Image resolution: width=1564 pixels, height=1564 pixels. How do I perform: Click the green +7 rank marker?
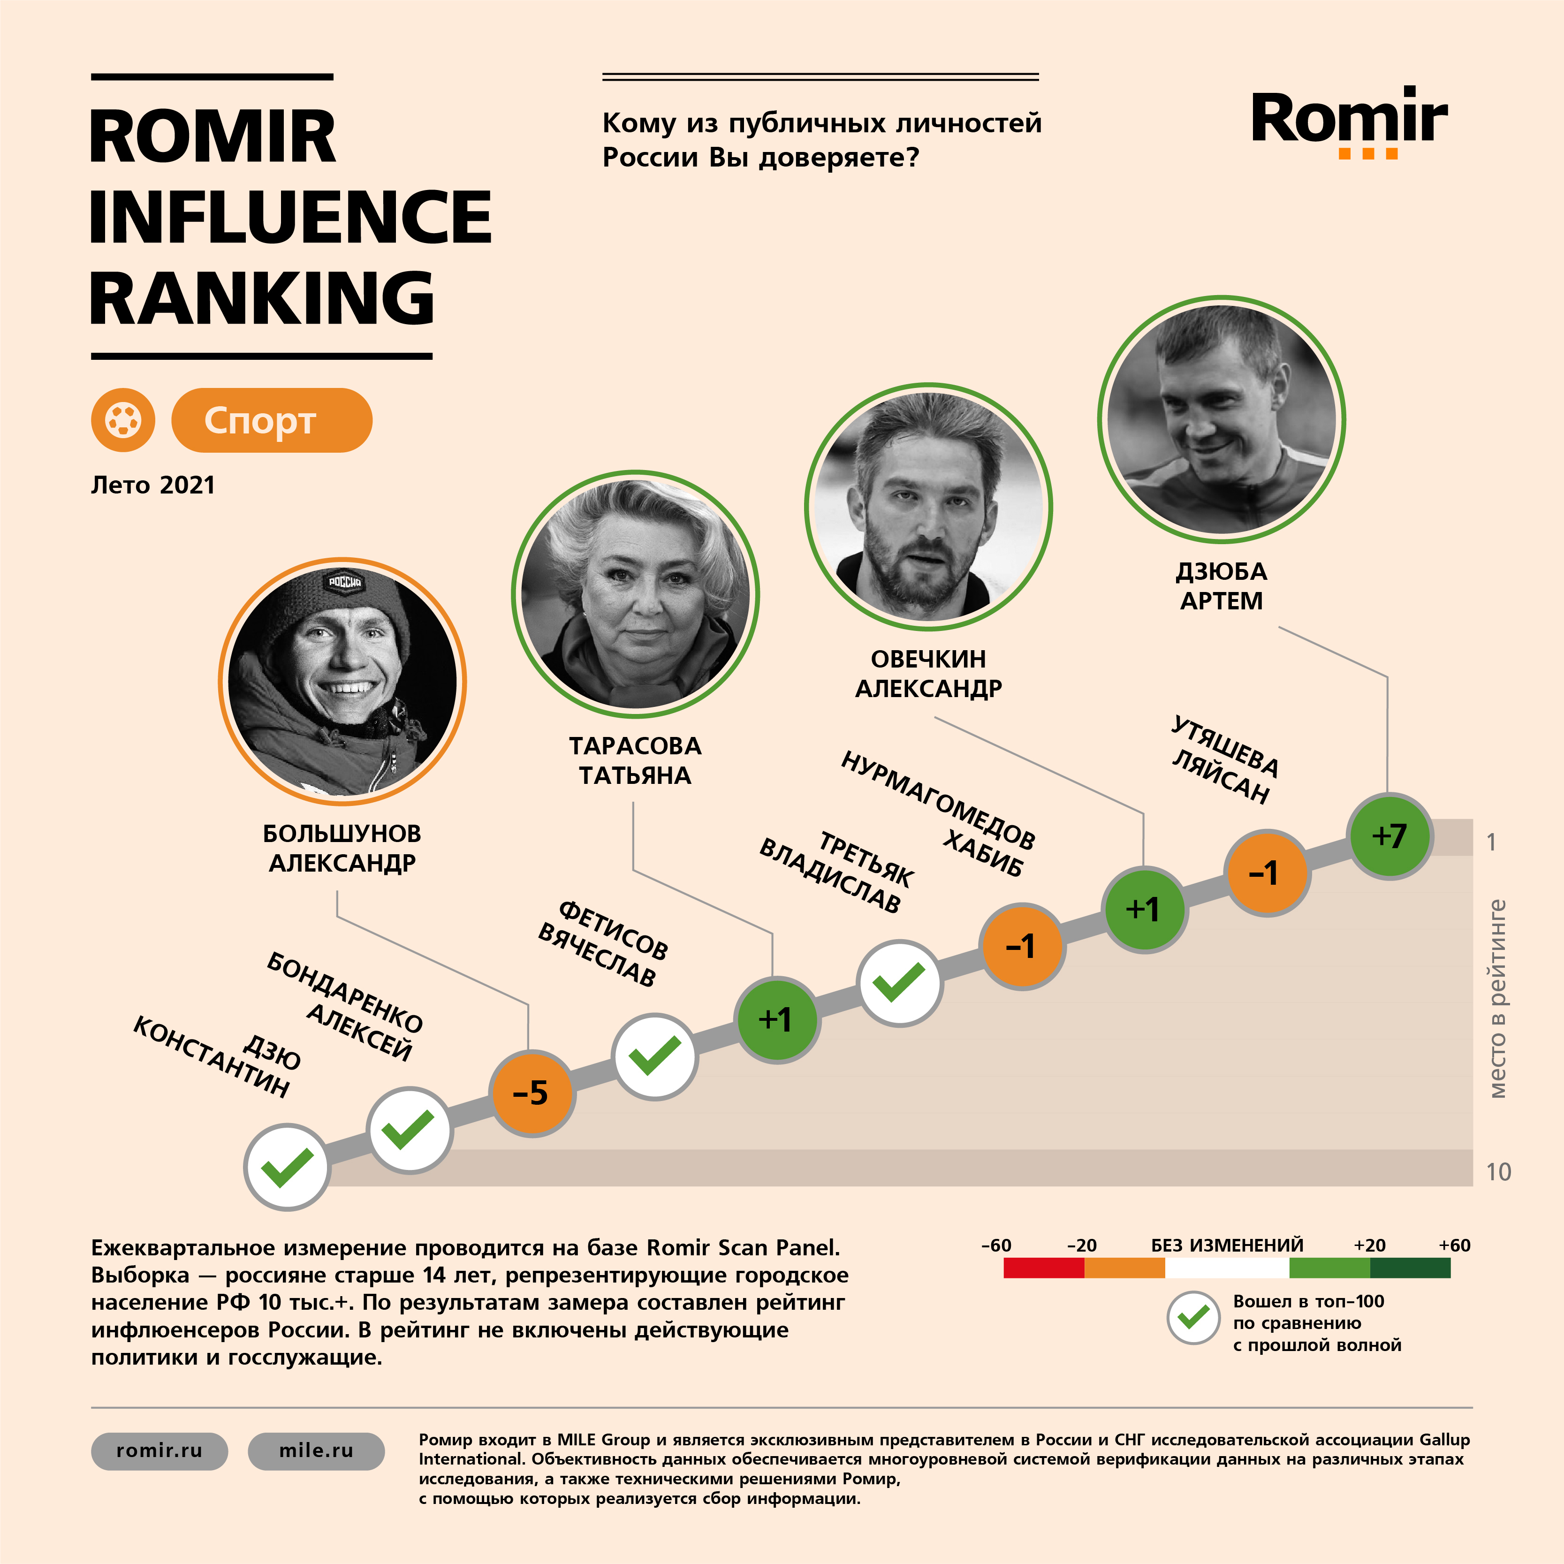(1389, 835)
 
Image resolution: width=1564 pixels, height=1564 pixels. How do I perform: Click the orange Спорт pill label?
(271, 420)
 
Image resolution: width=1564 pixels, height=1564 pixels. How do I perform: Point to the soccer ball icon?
(123, 420)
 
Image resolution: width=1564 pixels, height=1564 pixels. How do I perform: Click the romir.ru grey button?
(159, 1450)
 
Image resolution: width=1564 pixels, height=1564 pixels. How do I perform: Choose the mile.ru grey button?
(316, 1450)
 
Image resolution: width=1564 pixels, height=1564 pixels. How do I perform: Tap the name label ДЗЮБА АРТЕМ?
(1221, 586)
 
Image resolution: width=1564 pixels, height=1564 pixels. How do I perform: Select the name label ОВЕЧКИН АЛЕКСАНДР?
(928, 674)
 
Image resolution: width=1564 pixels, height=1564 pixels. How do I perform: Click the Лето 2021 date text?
(153, 485)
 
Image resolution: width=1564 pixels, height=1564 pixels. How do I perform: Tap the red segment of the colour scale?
(1043, 1268)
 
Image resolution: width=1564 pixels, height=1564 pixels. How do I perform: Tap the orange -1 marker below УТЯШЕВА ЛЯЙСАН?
(1265, 873)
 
